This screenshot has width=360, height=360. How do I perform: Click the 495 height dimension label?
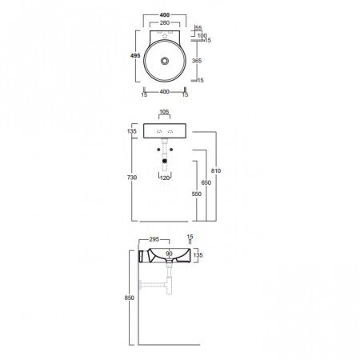click(x=135, y=56)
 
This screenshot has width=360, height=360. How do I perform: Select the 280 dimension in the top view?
click(x=165, y=22)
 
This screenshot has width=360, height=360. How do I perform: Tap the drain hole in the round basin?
click(x=165, y=61)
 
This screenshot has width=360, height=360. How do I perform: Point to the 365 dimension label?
click(x=197, y=61)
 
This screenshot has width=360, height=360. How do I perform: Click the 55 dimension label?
click(x=198, y=28)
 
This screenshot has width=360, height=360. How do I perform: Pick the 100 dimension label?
click(x=202, y=35)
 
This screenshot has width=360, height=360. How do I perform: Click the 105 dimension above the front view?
click(x=164, y=111)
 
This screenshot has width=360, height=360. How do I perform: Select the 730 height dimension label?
click(x=132, y=178)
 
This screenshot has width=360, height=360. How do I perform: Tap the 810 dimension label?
click(x=216, y=170)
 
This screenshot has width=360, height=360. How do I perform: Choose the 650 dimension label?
click(x=206, y=182)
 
